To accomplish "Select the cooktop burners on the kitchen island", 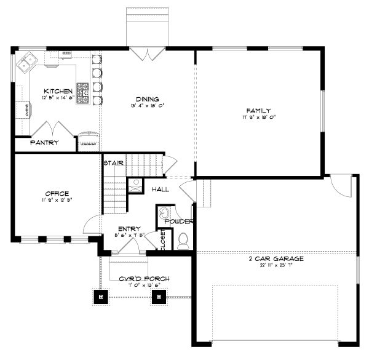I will pyautogui.click(x=82, y=93).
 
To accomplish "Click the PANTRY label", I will pyautogui.click(x=45, y=143).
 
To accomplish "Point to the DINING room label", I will pyautogui.click(x=148, y=98).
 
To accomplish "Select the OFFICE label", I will pyautogui.click(x=57, y=194).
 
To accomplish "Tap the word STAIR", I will pyautogui.click(x=114, y=163).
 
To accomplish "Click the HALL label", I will pyautogui.click(x=161, y=190).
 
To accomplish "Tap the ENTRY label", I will pyautogui.click(x=130, y=228).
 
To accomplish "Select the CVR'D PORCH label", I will pyautogui.click(x=145, y=279).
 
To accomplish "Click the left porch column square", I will pyautogui.click(x=101, y=297).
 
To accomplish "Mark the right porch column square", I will pyautogui.click(x=159, y=297).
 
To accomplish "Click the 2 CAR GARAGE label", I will pyautogui.click(x=276, y=259).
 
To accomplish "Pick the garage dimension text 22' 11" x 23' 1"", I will pyautogui.click(x=276, y=266).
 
